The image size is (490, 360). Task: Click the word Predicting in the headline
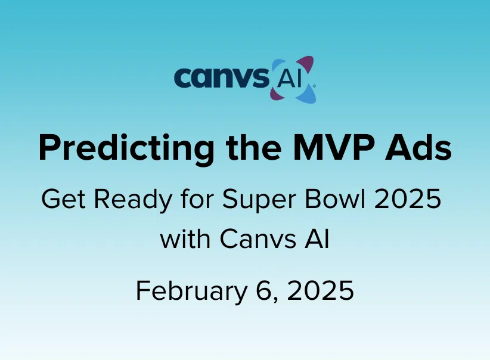[126, 148]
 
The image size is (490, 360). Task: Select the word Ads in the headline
[418, 147]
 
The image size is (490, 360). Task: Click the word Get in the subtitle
[63, 199]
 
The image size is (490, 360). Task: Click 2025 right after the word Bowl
[408, 199]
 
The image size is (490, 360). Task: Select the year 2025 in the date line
[320, 290]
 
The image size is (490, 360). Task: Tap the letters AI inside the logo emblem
[289, 80]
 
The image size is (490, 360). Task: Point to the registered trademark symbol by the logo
[314, 85]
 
